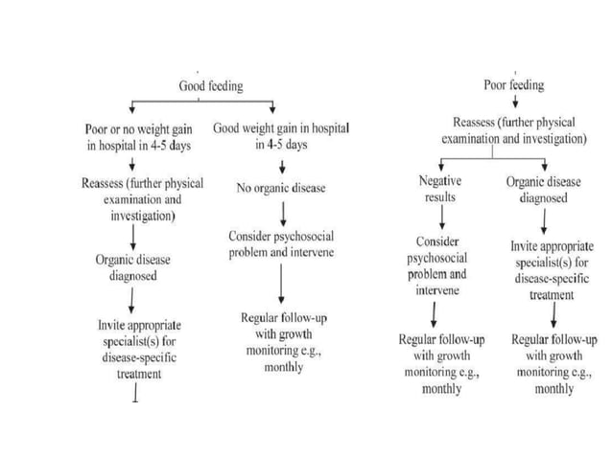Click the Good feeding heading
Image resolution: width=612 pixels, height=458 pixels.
211,86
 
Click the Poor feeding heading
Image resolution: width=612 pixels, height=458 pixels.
514,85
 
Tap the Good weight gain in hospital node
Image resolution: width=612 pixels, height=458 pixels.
281,135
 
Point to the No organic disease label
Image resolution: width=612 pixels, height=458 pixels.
281,188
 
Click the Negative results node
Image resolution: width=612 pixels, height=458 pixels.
440,188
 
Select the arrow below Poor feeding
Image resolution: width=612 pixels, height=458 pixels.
515,103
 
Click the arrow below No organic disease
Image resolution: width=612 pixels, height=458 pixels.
281,212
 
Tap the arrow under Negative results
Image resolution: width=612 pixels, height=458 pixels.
440,218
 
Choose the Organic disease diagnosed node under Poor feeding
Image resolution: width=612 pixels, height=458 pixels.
544,189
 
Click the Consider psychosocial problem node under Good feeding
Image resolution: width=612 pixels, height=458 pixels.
280,244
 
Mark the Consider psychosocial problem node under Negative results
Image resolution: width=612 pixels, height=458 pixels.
439,265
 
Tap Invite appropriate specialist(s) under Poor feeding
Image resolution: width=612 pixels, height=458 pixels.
552,270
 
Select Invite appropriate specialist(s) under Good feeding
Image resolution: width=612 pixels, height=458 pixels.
139,349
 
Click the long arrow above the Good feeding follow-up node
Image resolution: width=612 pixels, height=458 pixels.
281,284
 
